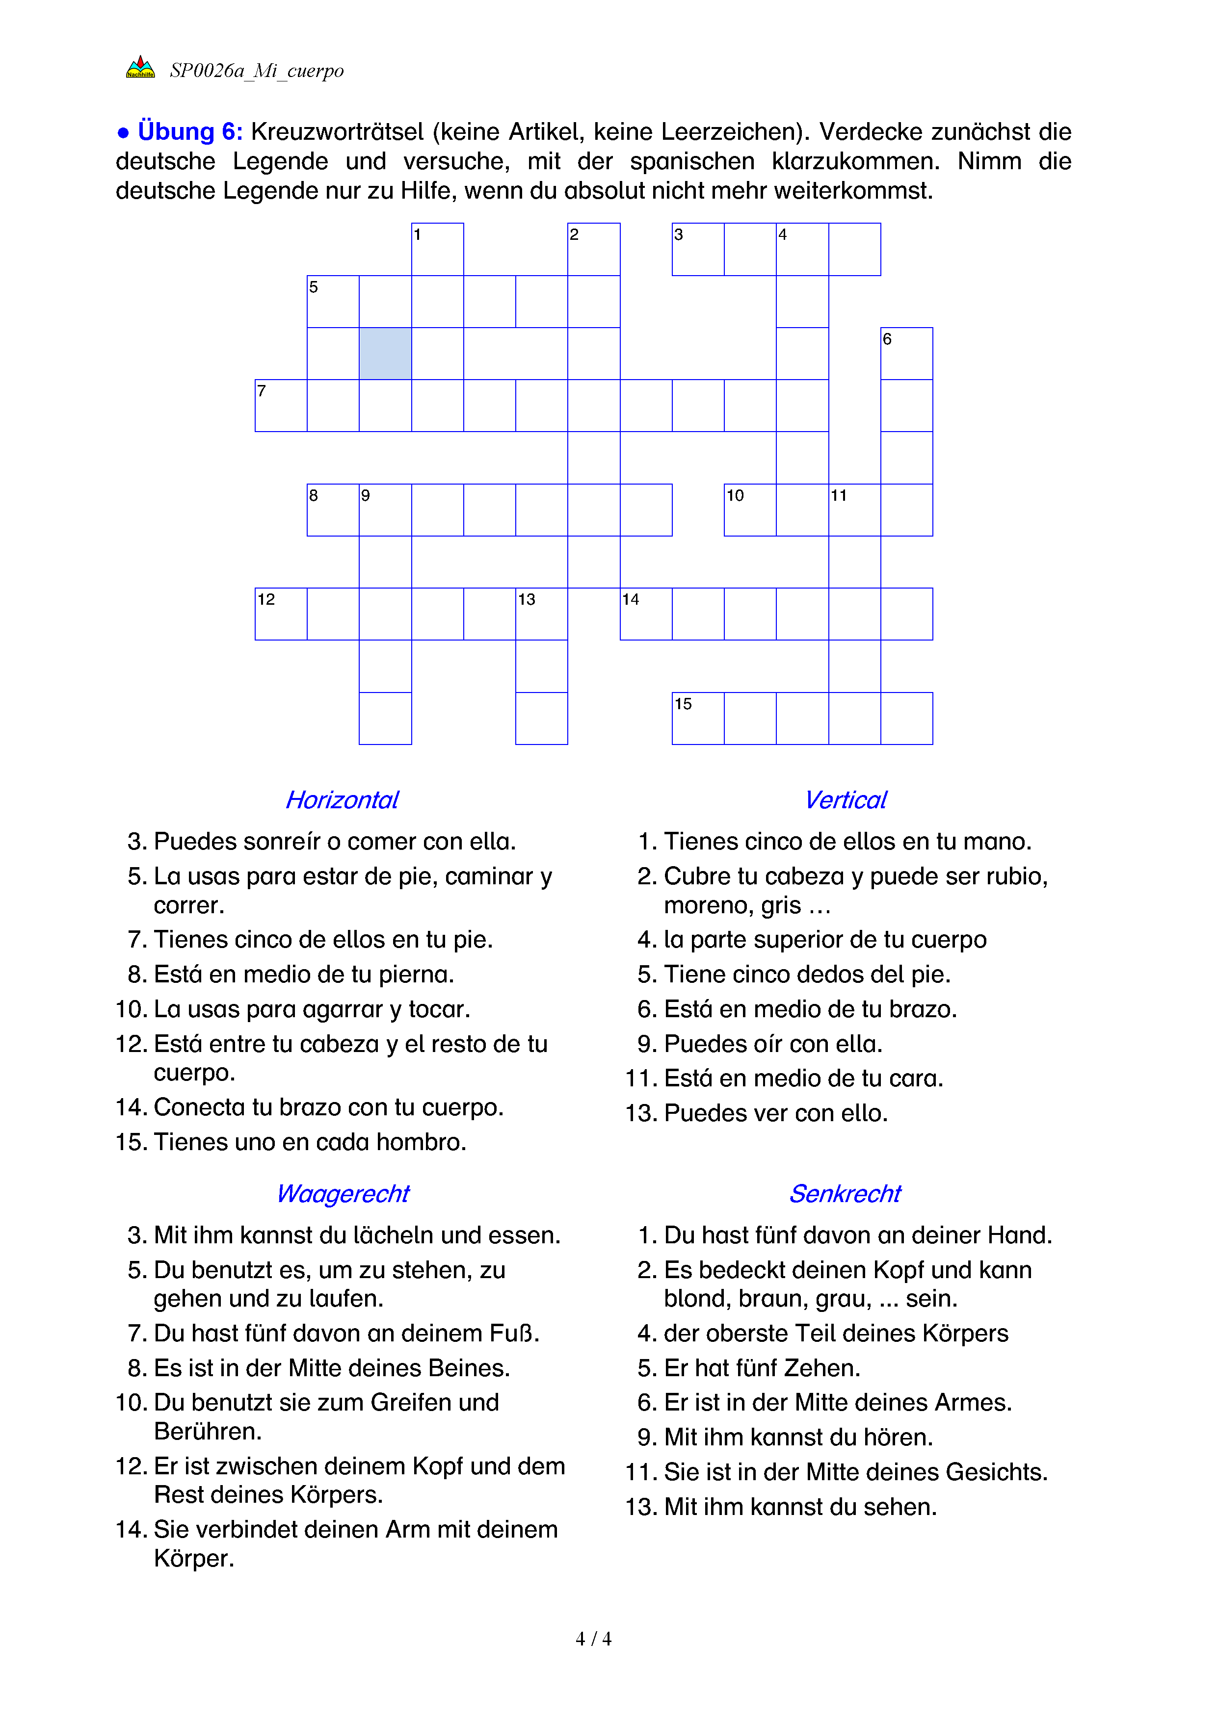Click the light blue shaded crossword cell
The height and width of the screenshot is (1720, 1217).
(x=385, y=354)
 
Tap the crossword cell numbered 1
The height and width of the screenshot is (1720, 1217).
(x=438, y=250)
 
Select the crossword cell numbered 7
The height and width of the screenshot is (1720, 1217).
(x=281, y=405)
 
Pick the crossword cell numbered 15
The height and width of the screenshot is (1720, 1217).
(x=698, y=719)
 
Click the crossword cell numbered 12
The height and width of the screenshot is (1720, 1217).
(x=281, y=614)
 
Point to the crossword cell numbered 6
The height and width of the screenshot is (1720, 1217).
(x=907, y=354)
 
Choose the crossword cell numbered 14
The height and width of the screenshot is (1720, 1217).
(x=646, y=614)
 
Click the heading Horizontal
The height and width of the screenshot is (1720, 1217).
(x=343, y=800)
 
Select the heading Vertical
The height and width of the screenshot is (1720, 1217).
(x=846, y=800)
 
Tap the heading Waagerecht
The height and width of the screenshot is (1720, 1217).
(x=343, y=1193)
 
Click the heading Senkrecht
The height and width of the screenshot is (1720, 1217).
(x=846, y=1193)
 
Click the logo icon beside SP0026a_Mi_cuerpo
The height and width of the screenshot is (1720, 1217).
(x=140, y=68)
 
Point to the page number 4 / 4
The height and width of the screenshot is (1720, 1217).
(x=593, y=1639)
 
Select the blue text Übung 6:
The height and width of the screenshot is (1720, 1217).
(x=189, y=132)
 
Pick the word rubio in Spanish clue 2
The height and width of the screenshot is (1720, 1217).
(x=1015, y=876)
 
